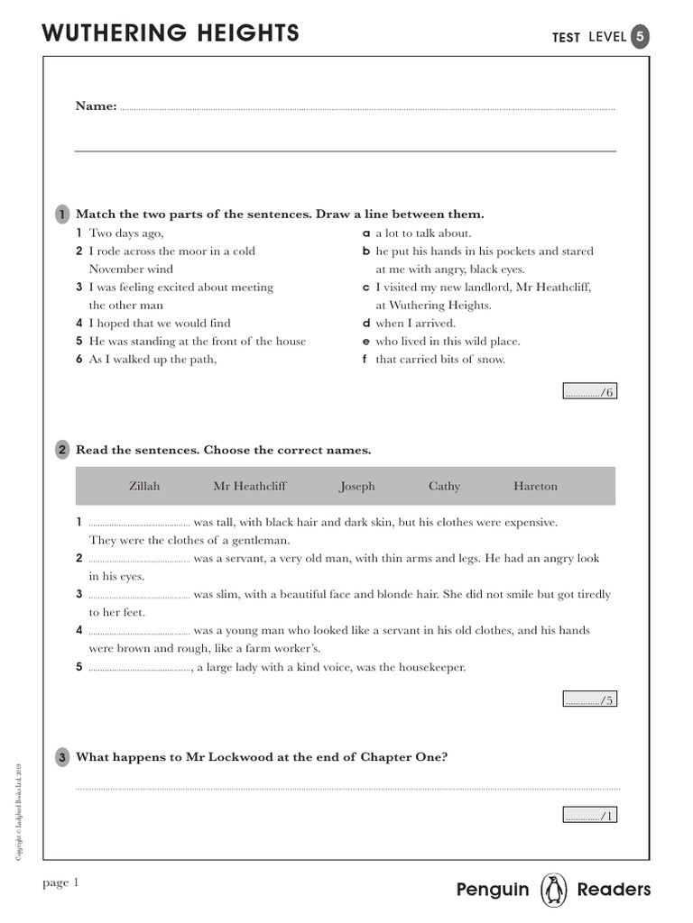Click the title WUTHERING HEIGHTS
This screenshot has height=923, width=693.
[171, 33]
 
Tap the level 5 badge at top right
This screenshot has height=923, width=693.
[639, 37]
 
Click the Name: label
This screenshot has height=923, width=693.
[96, 106]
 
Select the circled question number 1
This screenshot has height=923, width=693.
[61, 215]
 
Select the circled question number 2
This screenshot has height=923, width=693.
[61, 450]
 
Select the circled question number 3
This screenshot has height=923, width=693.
[61, 757]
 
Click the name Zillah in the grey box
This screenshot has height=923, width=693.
[144, 486]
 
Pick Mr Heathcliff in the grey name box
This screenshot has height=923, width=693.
[249, 486]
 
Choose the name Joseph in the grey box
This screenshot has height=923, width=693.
[356, 486]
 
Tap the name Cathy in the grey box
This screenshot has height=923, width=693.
[444, 486]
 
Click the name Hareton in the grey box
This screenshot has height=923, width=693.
[535, 486]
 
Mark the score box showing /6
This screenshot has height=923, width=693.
[590, 392]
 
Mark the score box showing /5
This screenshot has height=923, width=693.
[590, 699]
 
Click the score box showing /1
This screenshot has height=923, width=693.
[590, 816]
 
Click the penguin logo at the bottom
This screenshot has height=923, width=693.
[552, 890]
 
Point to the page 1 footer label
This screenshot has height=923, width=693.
[61, 882]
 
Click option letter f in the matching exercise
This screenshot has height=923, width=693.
[365, 360]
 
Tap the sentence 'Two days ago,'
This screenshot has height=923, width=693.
[126, 233]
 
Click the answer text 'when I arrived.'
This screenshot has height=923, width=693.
[416, 324]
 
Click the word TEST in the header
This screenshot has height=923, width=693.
[566, 38]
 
